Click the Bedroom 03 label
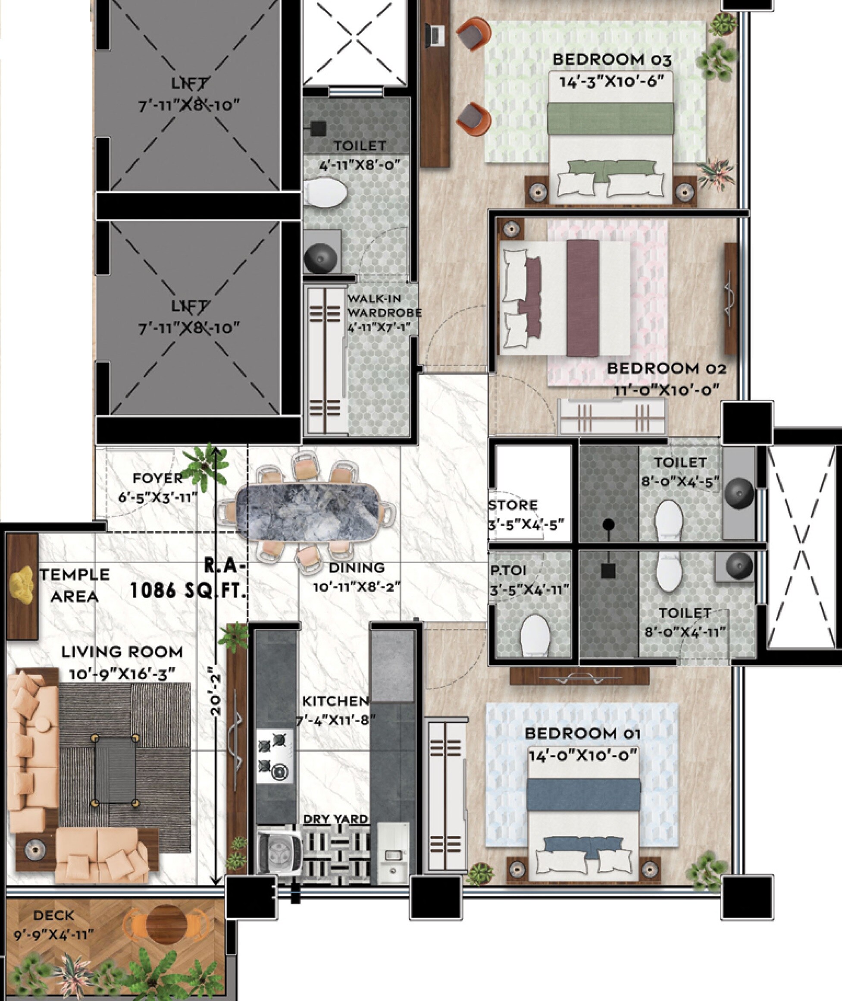(611, 60)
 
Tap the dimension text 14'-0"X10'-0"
(583, 756)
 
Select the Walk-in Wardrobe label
(384, 306)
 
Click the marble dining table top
(308, 512)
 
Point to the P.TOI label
(508, 571)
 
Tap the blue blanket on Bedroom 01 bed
(584, 794)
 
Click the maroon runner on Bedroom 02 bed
(582, 298)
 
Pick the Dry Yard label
(335, 819)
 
